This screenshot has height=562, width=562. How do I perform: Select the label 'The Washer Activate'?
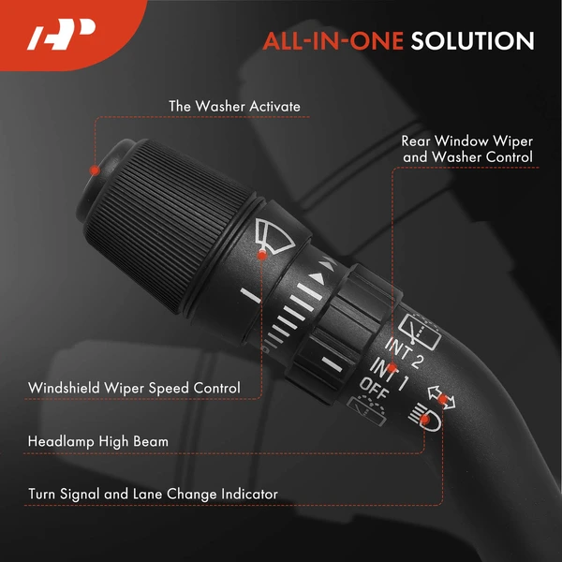click(234, 107)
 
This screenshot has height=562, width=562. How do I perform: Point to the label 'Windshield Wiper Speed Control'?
click(134, 388)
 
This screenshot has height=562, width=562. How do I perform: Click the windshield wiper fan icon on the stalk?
click(274, 235)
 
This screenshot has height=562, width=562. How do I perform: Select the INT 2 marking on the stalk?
click(405, 352)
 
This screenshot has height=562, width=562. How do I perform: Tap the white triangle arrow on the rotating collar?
click(318, 277)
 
